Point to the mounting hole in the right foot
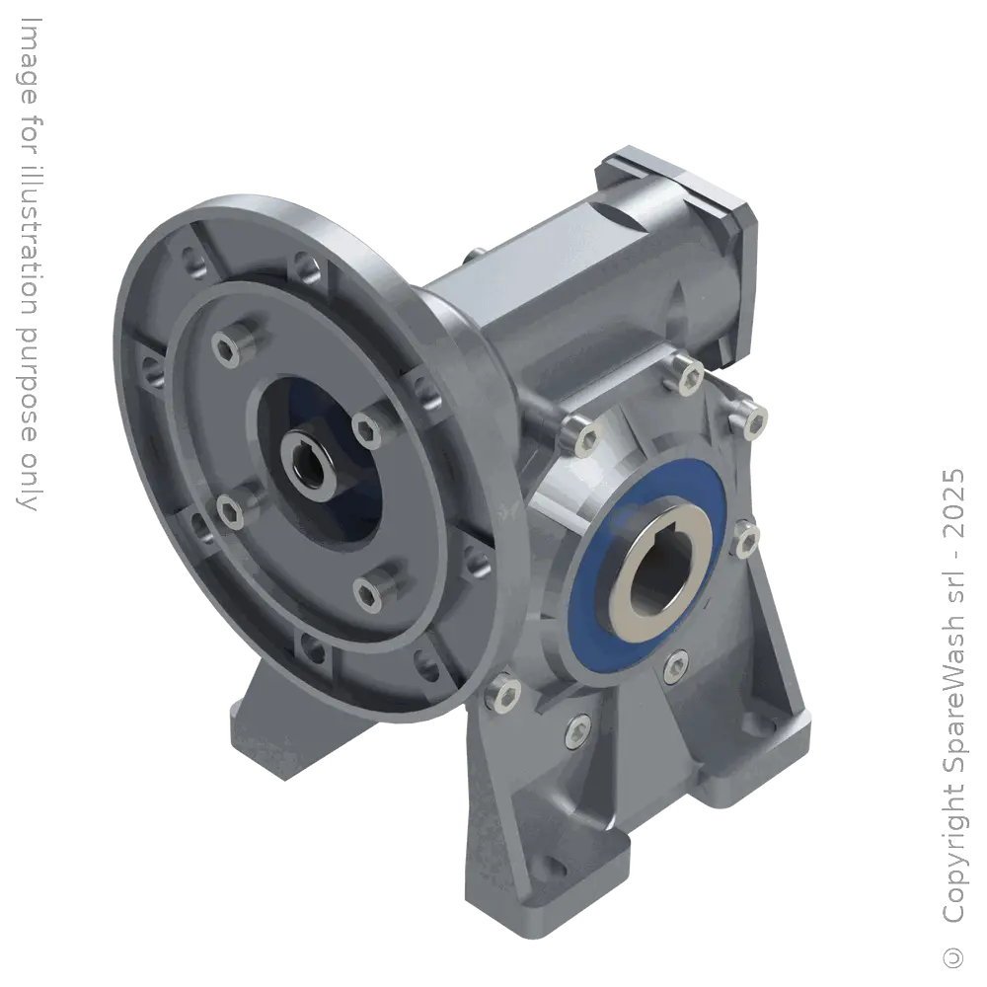click(786, 752)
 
